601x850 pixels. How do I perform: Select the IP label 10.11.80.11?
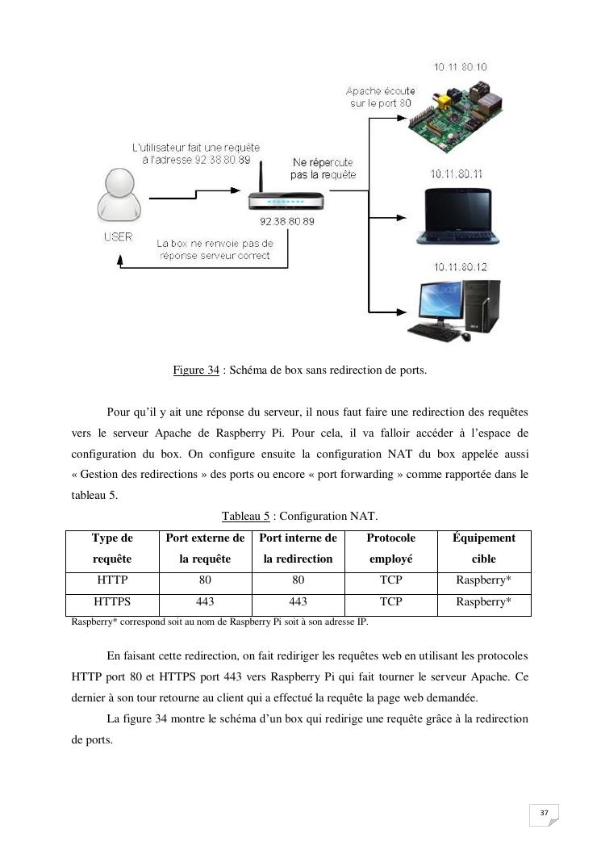(x=457, y=174)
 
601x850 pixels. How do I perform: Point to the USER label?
(x=118, y=237)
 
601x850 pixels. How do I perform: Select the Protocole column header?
(x=391, y=548)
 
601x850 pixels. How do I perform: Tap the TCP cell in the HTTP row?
(x=391, y=580)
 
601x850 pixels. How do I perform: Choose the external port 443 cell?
(x=205, y=601)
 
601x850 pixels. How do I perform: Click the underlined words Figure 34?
(x=196, y=371)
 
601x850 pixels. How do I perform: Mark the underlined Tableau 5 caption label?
(x=246, y=516)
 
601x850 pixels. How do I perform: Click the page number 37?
(x=545, y=812)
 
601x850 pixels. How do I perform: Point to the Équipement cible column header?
(x=484, y=548)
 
